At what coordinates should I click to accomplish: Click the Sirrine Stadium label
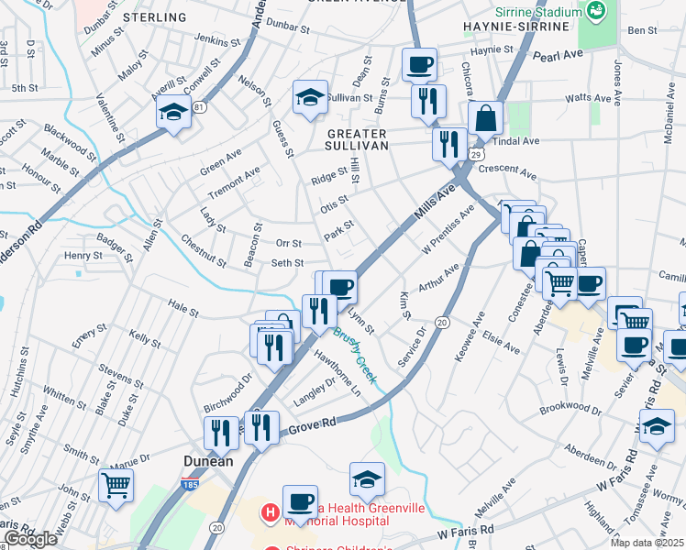pyautogui.click(x=537, y=12)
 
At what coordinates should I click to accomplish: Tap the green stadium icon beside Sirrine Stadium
pyautogui.click(x=597, y=12)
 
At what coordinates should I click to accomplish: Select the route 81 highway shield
pyautogui.click(x=200, y=107)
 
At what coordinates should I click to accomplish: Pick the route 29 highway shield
pyautogui.click(x=476, y=156)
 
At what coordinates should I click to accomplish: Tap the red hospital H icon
pyautogui.click(x=270, y=512)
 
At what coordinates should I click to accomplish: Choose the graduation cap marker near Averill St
pyautogui.click(x=171, y=112)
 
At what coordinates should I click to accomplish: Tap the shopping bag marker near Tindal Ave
pyautogui.click(x=485, y=117)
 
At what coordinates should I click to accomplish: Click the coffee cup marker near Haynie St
pyautogui.click(x=419, y=64)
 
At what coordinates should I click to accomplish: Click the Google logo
pyautogui.click(x=30, y=538)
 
